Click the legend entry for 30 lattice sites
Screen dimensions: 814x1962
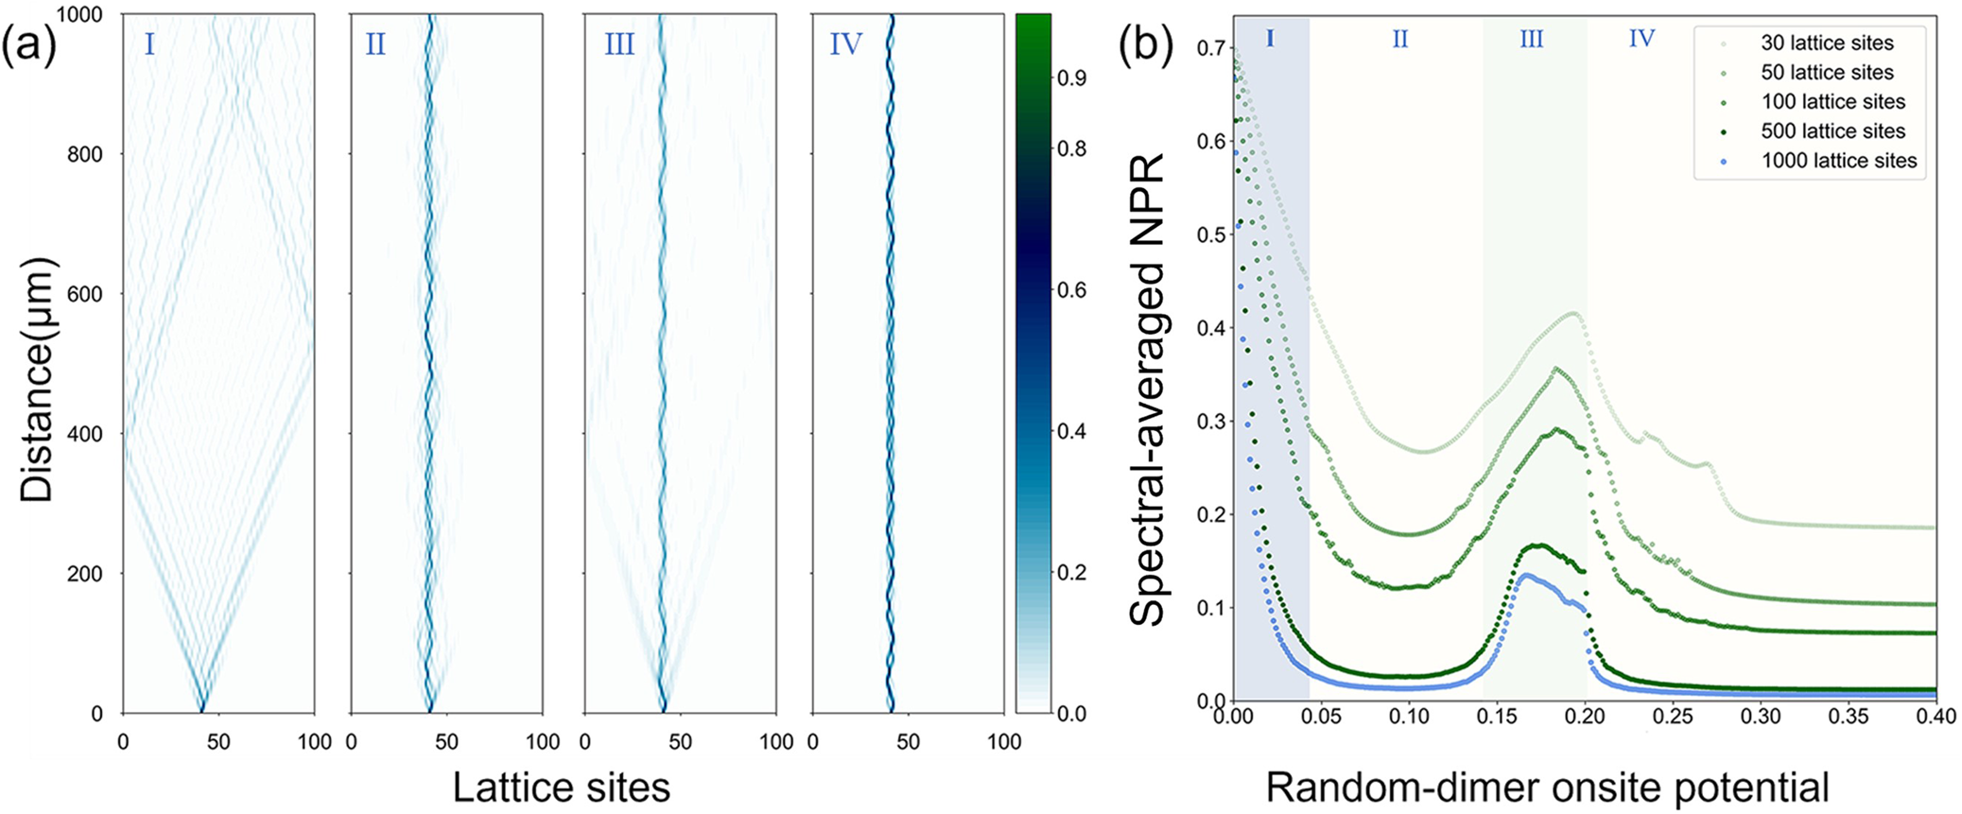tap(1826, 43)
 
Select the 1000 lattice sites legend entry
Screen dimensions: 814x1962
tap(1838, 161)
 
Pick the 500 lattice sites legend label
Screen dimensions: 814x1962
tap(1832, 131)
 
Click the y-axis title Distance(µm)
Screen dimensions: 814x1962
tap(38, 378)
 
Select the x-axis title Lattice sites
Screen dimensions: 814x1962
tap(562, 788)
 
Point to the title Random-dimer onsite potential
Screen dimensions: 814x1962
tap(1547, 788)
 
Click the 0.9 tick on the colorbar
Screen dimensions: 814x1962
tap(1072, 78)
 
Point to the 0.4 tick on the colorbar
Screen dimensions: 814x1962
tap(1072, 431)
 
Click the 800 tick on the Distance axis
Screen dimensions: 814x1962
tap(85, 154)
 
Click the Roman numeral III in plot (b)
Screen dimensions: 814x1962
tap(1531, 40)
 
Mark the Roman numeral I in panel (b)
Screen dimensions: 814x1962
tap(1270, 39)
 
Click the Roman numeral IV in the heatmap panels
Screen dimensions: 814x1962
tap(845, 44)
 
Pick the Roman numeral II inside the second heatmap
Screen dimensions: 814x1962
tap(375, 44)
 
